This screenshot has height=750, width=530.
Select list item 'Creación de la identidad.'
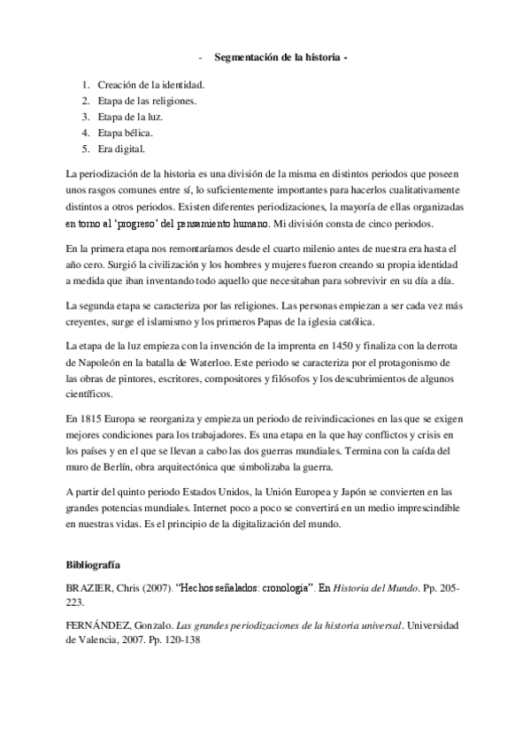pos(151,85)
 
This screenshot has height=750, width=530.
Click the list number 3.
pos(86,117)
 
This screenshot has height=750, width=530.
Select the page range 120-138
pos(178,640)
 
